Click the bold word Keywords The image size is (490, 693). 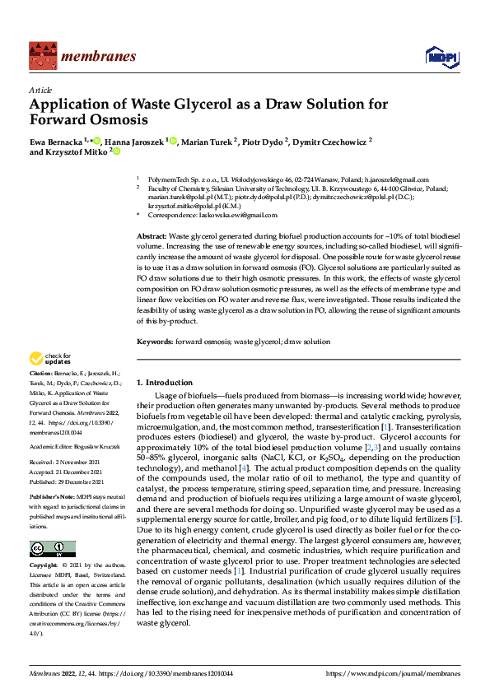tap(154, 341)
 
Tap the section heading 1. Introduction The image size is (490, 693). tap(164, 383)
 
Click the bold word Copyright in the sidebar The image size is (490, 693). tap(44, 567)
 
